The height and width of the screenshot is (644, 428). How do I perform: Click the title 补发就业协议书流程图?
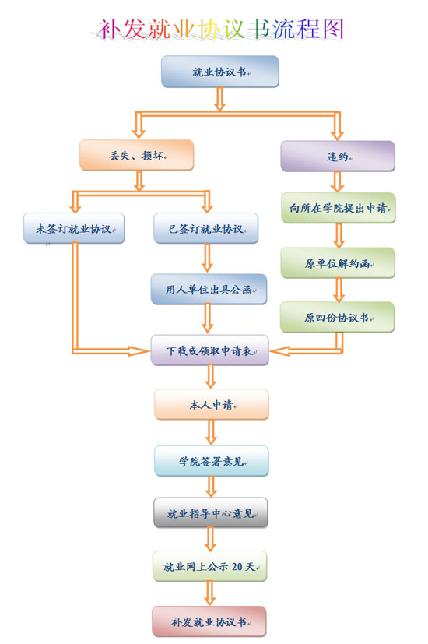(220, 29)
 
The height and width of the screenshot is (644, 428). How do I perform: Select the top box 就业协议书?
(220, 72)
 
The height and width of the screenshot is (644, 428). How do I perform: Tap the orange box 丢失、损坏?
(137, 155)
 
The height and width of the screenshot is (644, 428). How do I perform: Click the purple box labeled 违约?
(338, 156)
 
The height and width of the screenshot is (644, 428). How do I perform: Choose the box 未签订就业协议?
(74, 228)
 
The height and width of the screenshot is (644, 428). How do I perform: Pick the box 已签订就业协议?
(206, 228)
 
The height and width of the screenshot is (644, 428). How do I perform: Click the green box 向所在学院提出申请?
(339, 208)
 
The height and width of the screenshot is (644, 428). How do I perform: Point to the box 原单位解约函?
(338, 263)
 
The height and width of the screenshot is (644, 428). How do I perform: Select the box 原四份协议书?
(337, 317)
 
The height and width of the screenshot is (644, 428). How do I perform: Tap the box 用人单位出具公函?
(209, 289)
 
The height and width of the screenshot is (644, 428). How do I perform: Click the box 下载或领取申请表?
(209, 350)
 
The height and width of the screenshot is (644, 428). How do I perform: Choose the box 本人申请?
(212, 405)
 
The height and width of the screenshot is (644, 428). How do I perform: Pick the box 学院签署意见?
(212, 461)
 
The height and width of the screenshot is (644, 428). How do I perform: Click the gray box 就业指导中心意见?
(211, 513)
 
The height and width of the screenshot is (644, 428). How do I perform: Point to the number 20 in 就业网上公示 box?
(237, 567)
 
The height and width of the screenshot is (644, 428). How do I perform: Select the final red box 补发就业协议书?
(209, 621)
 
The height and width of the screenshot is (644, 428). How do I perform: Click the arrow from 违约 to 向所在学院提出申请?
(337, 181)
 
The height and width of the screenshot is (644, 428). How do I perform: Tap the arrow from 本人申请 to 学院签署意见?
(212, 432)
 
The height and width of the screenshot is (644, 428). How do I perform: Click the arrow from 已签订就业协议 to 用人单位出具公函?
(208, 259)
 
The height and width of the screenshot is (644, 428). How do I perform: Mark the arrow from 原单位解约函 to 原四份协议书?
(339, 290)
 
